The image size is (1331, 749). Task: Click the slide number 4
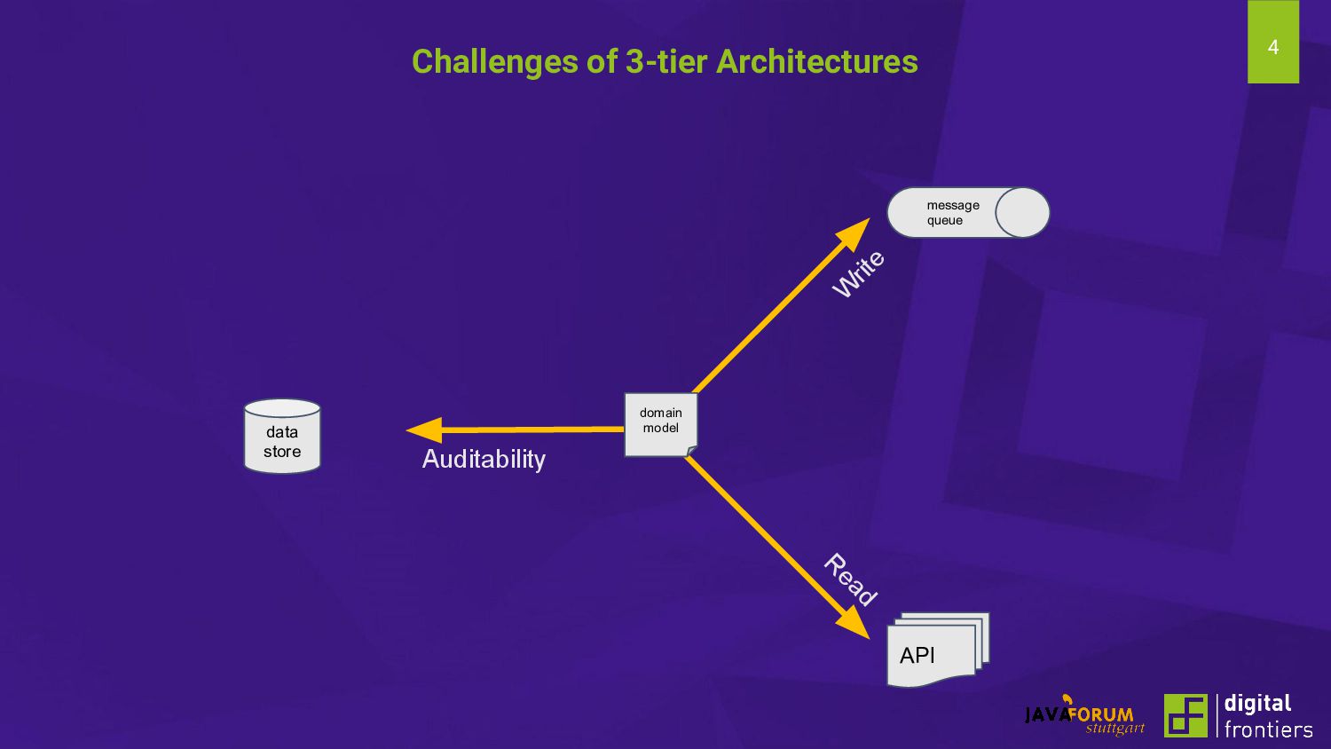pos(1272,47)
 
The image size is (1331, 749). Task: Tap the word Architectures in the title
pos(816,61)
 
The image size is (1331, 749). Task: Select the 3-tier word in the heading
pos(665,61)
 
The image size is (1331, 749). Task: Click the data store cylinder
pos(282,437)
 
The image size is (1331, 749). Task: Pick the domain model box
pos(660,423)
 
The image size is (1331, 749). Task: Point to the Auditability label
pos(484,459)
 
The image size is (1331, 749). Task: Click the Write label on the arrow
pos(858,273)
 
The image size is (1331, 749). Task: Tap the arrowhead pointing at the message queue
pos(855,233)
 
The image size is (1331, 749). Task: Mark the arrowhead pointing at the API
pos(854,623)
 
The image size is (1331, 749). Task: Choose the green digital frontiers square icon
pos(1185,715)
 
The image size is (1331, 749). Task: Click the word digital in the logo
pos(1257,703)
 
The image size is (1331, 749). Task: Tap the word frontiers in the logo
pos(1268,729)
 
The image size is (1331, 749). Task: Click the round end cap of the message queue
pos(1022,213)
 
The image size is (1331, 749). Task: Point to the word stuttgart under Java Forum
pos(1114,729)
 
